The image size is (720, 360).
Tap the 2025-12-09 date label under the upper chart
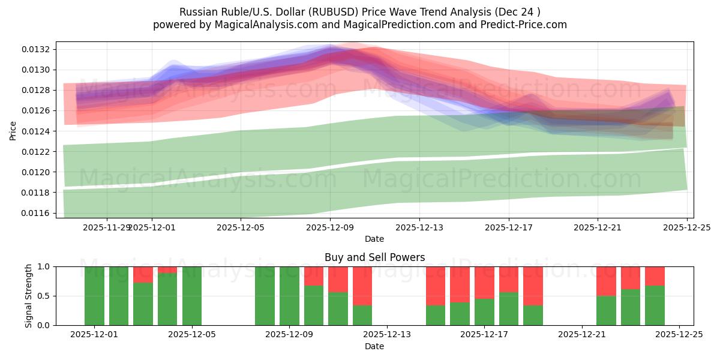(x=329, y=227)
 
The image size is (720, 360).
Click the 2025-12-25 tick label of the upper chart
(x=686, y=227)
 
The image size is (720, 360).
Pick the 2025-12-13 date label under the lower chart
(x=387, y=335)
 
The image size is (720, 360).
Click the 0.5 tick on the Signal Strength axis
(x=44, y=296)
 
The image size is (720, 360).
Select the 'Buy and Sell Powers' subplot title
(x=374, y=257)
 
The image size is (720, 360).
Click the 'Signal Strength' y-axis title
(x=28, y=296)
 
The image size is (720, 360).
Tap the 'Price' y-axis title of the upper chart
(x=13, y=130)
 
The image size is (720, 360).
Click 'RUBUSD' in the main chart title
(x=339, y=12)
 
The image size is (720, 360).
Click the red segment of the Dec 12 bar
(x=362, y=286)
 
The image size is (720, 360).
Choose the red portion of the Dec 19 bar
(x=533, y=286)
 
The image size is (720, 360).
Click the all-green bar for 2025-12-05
(x=192, y=296)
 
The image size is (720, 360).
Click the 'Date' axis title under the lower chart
(x=374, y=346)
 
